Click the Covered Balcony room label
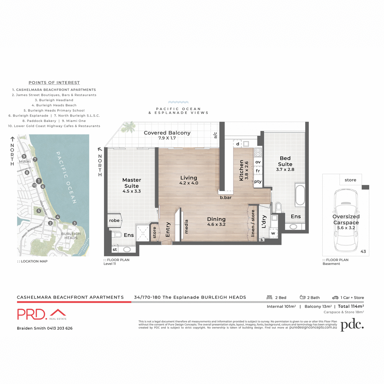point(167,133)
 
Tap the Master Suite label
point(132,183)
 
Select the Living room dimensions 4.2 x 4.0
point(188,183)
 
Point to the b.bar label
point(226,197)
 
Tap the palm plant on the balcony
point(129,127)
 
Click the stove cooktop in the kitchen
point(258,152)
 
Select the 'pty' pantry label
point(258,181)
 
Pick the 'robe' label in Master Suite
point(114,220)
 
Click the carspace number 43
point(363,252)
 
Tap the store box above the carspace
point(350,180)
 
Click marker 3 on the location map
point(74,223)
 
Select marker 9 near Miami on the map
point(24,156)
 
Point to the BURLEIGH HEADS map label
point(71,236)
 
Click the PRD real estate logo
point(42,314)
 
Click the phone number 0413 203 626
point(60,328)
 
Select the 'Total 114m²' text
point(351,306)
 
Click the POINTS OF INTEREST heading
point(54,83)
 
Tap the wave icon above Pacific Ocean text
point(178,102)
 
